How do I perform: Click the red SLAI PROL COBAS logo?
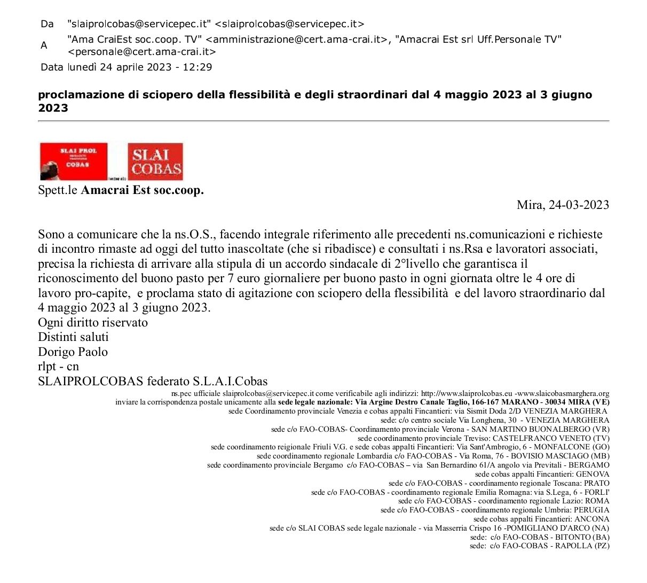coord(74,161)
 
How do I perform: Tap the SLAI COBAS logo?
coord(155,161)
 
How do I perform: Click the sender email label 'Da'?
coord(47,24)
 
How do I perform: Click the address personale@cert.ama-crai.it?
coord(142,52)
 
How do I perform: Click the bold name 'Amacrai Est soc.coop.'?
coord(142,190)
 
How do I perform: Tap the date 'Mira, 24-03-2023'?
coord(563,205)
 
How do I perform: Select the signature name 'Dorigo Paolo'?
coord(73,352)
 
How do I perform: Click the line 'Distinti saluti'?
coord(73,337)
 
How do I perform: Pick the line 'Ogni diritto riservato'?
coord(93,323)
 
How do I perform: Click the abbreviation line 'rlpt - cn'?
coord(58,367)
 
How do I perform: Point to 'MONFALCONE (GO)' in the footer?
coord(572,447)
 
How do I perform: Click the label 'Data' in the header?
coord(51,67)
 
